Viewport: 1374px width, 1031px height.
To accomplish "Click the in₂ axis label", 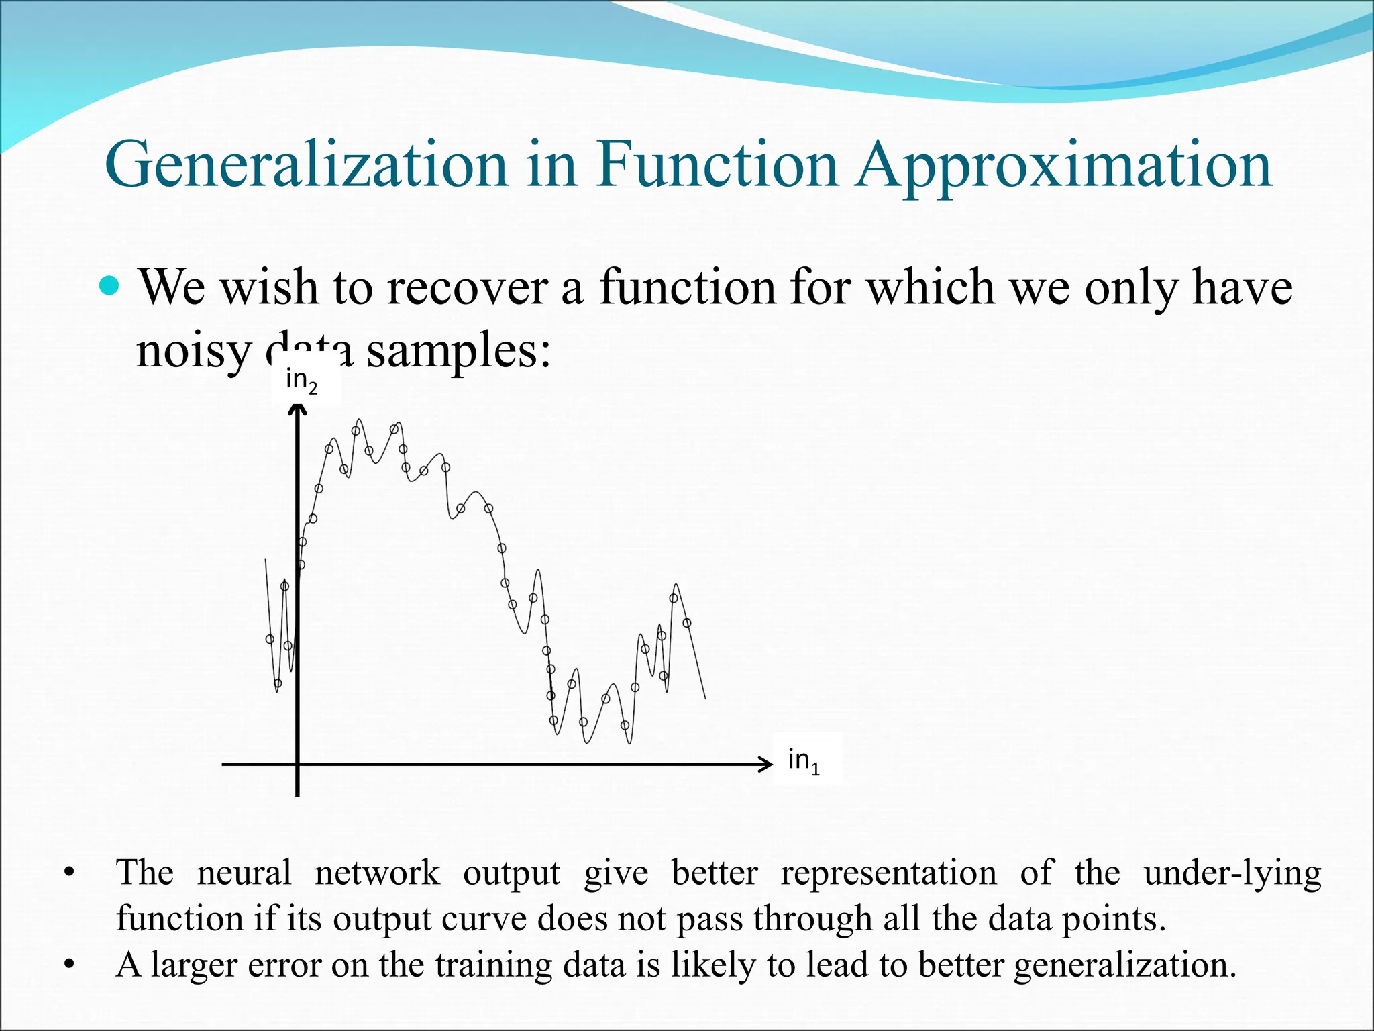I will tap(301, 381).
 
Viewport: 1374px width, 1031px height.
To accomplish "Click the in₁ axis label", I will tap(803, 761).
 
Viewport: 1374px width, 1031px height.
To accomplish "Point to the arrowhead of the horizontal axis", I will tap(767, 764).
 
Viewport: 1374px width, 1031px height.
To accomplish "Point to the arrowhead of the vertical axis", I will tap(297, 407).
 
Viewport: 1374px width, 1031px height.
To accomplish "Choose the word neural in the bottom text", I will tap(244, 873).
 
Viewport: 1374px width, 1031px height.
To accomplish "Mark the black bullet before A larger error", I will tap(68, 966).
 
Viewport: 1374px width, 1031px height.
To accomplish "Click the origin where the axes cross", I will tap(297, 764).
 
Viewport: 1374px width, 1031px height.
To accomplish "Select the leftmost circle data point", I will tap(270, 639).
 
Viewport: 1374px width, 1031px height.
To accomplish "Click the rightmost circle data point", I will tap(686, 623).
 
